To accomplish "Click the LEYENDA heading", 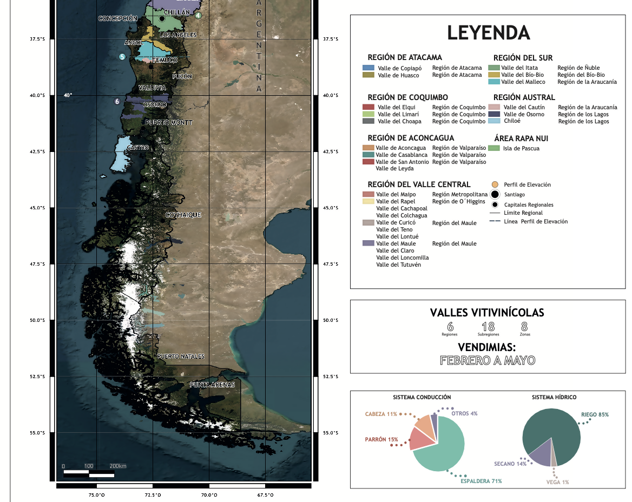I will point(488,33).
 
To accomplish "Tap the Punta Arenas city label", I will point(212,385).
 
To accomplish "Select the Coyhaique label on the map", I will point(183,215).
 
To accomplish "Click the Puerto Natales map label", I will point(181,356).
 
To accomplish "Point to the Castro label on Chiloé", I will point(137,148).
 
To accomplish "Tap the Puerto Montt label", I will point(168,123).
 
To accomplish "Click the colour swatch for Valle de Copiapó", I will point(368,68).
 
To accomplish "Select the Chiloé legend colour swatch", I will point(494,121).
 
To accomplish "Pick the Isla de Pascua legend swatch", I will point(493,148).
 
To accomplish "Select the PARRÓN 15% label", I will point(381,439).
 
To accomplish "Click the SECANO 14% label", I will point(510,464).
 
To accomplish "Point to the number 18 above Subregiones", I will point(488,327).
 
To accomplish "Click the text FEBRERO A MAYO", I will point(488,360).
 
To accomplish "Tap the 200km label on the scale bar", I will point(117,466).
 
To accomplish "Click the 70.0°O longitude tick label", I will point(209,495).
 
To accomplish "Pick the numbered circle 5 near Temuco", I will point(122,57).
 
